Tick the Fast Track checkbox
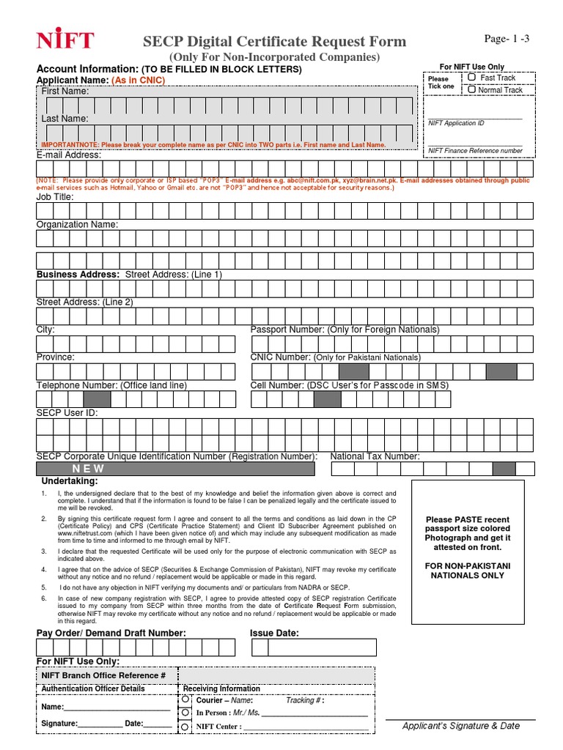[472, 77]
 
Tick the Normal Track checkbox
[472, 89]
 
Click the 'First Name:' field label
[65, 92]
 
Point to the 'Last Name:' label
[65, 119]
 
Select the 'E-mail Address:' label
[69, 155]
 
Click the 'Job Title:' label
[55, 197]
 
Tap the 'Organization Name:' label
[77, 225]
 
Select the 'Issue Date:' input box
[314, 647]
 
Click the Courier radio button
[185, 699]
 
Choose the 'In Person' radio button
[185, 712]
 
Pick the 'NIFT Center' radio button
[185, 727]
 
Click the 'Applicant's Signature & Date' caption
[460, 726]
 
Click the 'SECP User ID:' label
[67, 413]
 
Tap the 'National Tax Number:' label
[375, 456]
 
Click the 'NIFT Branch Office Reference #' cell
[103, 675]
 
